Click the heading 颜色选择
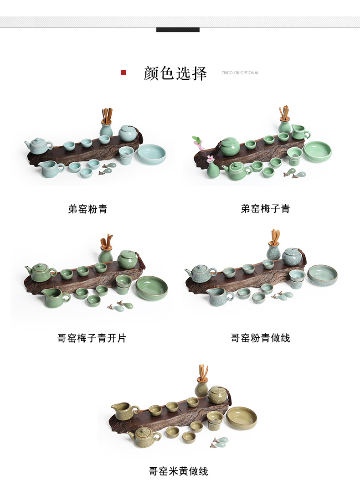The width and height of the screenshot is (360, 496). (x=175, y=73)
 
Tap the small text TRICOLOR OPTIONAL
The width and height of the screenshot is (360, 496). (x=240, y=73)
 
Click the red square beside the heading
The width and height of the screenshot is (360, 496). (x=123, y=73)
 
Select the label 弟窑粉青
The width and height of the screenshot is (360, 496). (x=88, y=209)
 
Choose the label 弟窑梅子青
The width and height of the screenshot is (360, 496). (x=266, y=209)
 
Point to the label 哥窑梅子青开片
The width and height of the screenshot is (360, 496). (x=92, y=338)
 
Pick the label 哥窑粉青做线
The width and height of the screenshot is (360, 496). (x=261, y=338)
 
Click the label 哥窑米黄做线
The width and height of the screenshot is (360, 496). (x=179, y=471)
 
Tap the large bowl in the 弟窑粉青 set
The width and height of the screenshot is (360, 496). (x=151, y=154)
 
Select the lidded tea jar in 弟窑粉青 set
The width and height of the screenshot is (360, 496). (x=128, y=133)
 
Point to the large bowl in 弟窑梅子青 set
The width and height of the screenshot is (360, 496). (x=317, y=151)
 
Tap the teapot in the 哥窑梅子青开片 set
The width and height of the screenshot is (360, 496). (x=41, y=273)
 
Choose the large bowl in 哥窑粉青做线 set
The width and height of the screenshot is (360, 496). (x=322, y=275)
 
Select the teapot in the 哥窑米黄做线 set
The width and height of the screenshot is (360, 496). (x=144, y=436)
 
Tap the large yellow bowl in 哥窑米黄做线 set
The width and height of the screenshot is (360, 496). (x=242, y=418)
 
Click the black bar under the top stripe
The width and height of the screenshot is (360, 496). (x=178, y=30)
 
